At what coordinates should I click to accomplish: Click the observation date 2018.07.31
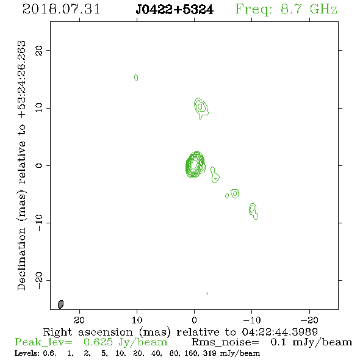(61, 9)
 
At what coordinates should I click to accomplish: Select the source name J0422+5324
(175, 10)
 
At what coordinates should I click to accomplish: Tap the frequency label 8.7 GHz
(309, 9)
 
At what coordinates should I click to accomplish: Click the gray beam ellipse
(60, 304)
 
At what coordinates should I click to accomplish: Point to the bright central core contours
(195, 165)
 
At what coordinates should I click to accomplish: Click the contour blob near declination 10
(201, 108)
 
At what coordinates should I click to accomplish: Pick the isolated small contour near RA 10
(136, 78)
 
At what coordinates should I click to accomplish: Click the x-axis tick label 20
(79, 320)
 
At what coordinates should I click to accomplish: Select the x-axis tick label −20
(309, 320)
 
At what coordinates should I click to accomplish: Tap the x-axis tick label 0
(194, 320)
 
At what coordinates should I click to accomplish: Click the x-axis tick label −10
(252, 320)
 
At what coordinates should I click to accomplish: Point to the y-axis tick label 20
(39, 50)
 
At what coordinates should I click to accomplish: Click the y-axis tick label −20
(39, 280)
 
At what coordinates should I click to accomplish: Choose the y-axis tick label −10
(39, 223)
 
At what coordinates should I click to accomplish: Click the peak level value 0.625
(98, 342)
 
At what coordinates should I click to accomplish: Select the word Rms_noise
(225, 342)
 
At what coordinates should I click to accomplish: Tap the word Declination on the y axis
(21, 259)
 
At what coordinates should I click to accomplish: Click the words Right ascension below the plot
(88, 332)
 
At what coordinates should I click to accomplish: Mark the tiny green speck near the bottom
(207, 293)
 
